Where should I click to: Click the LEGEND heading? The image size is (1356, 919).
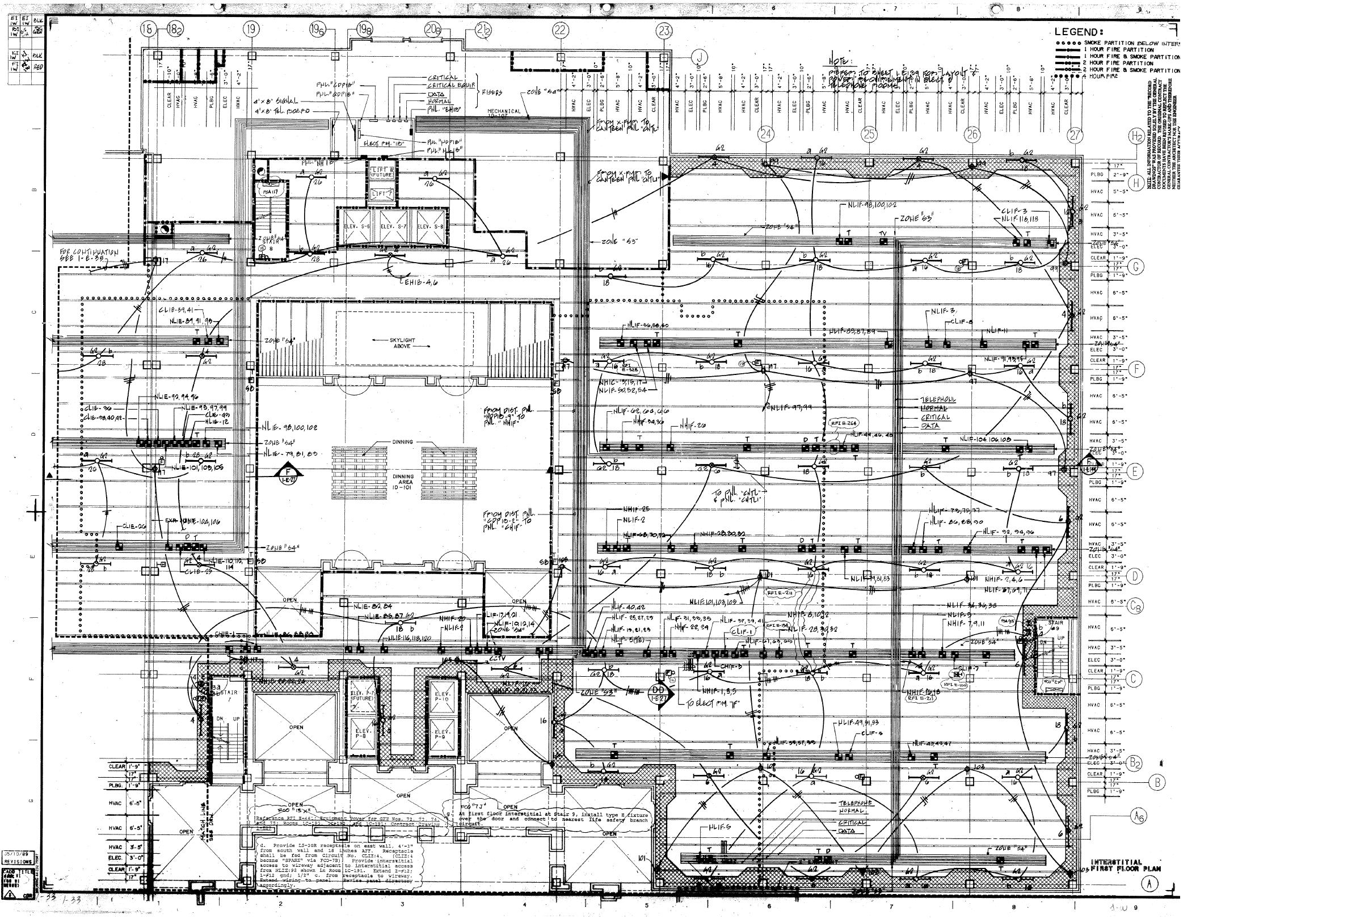1079,32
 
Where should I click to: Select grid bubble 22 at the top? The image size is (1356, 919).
559,29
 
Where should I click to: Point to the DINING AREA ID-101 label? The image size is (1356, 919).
403,482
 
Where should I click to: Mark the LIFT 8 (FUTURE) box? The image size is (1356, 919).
382,172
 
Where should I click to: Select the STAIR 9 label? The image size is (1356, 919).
1056,626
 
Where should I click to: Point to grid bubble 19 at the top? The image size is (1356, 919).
251,29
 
